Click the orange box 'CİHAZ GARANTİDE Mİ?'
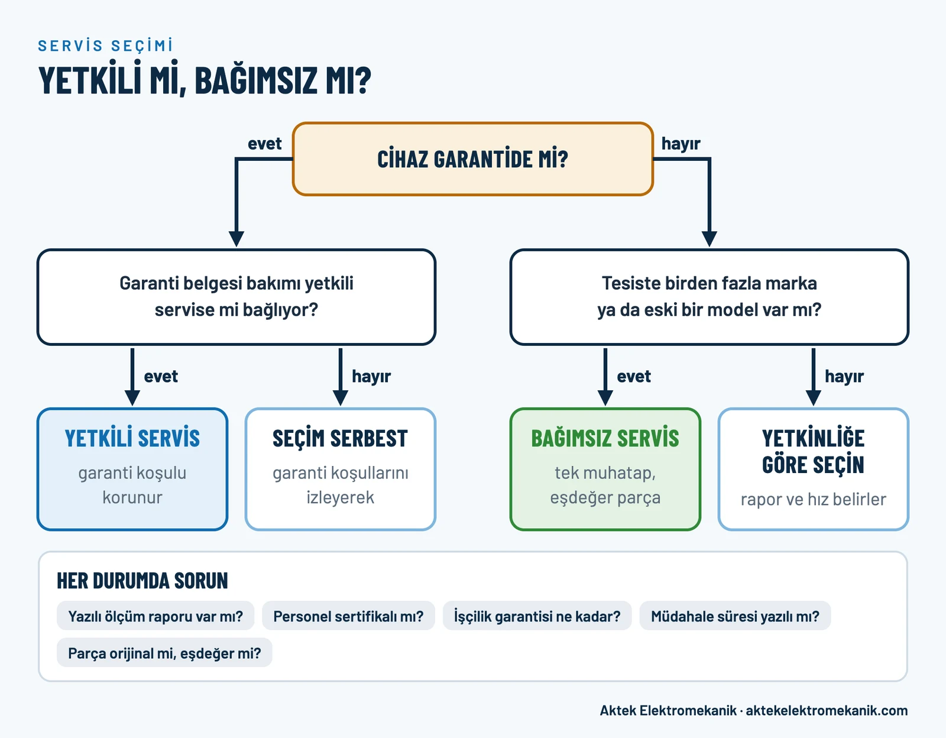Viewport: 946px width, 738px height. tap(473, 159)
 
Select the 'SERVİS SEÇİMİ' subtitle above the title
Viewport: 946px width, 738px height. tap(105, 46)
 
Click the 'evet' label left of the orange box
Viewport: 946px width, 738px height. tap(264, 143)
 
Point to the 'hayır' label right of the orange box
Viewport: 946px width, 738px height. tap(681, 144)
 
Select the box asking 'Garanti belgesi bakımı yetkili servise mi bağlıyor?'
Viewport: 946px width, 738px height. tap(237, 297)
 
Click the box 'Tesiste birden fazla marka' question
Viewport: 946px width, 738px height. tap(709, 297)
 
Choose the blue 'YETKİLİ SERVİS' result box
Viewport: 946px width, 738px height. tap(132, 469)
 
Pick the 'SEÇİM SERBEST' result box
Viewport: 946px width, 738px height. tap(341, 469)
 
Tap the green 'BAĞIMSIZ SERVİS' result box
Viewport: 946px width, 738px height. tap(605, 469)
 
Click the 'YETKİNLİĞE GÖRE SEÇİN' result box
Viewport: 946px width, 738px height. tap(813, 469)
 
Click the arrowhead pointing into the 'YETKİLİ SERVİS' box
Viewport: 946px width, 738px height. tap(132, 398)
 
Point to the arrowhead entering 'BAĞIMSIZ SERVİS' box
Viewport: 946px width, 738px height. tap(605, 398)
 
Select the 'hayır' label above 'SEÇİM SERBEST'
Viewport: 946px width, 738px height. tap(371, 377)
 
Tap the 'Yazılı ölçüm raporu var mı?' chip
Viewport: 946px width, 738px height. tap(155, 616)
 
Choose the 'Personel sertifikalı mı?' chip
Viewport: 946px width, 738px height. tap(348, 616)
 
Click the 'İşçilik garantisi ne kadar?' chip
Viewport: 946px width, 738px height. tap(537, 616)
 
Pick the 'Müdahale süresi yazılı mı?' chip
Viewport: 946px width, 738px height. tap(736, 616)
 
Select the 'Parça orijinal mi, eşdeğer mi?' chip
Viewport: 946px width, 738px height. tap(164, 653)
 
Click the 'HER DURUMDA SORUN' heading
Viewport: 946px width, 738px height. tap(142, 580)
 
